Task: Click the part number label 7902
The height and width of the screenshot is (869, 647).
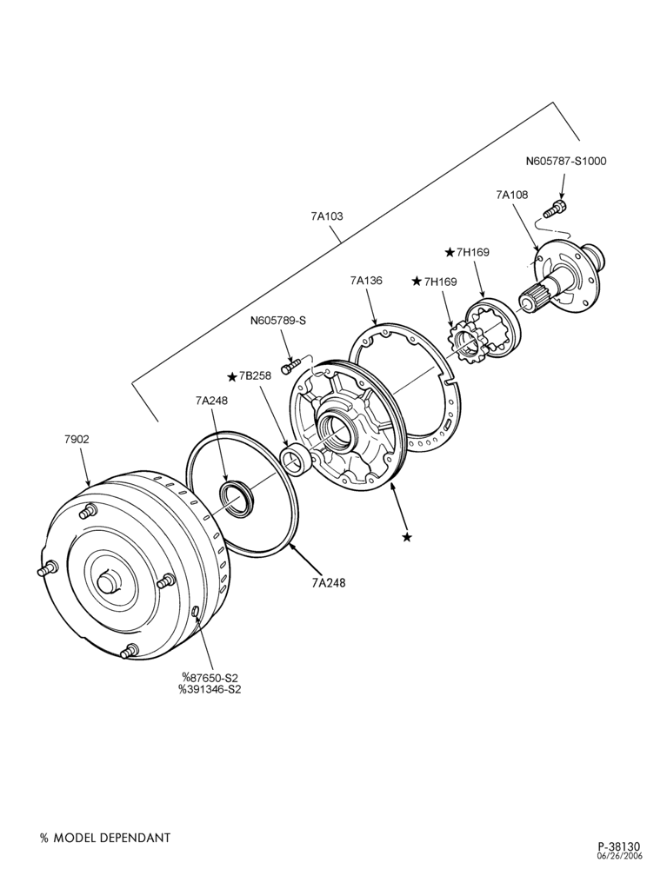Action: pos(77,440)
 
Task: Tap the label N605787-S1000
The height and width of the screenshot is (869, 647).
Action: pos(566,162)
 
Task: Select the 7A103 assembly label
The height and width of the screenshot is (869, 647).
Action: pos(327,216)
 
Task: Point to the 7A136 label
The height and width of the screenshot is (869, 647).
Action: pos(366,281)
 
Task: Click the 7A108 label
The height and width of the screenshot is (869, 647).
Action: pos(511,195)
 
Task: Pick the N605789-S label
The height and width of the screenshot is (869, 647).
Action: pos(277,321)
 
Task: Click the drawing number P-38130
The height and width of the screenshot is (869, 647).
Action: pos(618,846)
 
